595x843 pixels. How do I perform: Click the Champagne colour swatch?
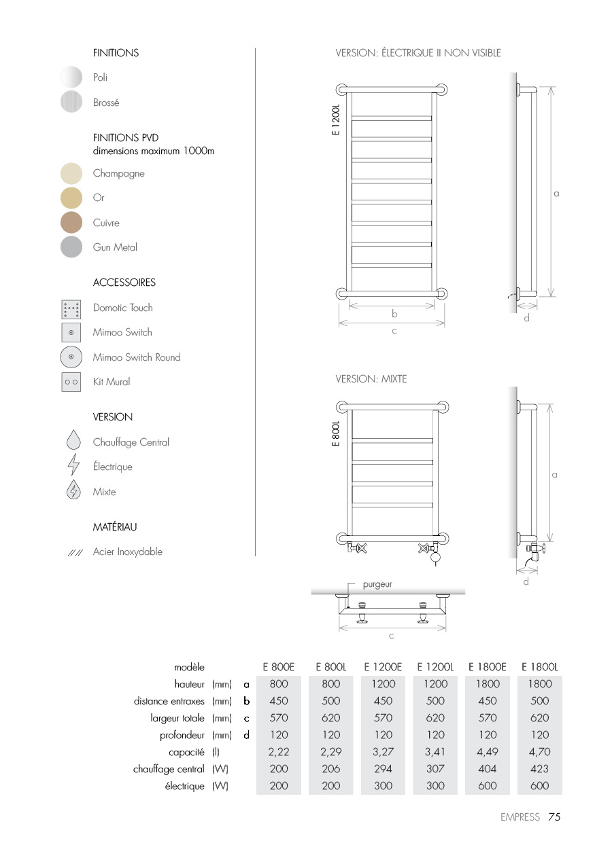coord(71,173)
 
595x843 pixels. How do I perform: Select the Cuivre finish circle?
coord(71,223)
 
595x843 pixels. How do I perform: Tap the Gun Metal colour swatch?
coord(71,247)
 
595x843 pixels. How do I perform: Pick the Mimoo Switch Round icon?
coord(71,357)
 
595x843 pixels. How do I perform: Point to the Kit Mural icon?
coord(71,382)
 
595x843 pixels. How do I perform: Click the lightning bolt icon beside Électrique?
coord(73,467)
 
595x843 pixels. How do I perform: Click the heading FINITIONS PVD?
coord(126,137)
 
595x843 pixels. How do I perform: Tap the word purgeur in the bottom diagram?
coord(377,584)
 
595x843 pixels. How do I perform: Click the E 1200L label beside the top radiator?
coord(336,121)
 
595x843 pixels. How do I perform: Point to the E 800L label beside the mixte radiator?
coord(336,433)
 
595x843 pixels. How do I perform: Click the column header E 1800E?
coord(488,668)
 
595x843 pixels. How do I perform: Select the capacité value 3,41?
coord(435,752)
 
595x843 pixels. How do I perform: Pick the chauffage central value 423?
coord(539,769)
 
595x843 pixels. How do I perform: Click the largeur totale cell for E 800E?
coord(279,718)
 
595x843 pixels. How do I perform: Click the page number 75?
coord(554,817)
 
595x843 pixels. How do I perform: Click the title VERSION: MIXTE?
coord(371,379)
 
